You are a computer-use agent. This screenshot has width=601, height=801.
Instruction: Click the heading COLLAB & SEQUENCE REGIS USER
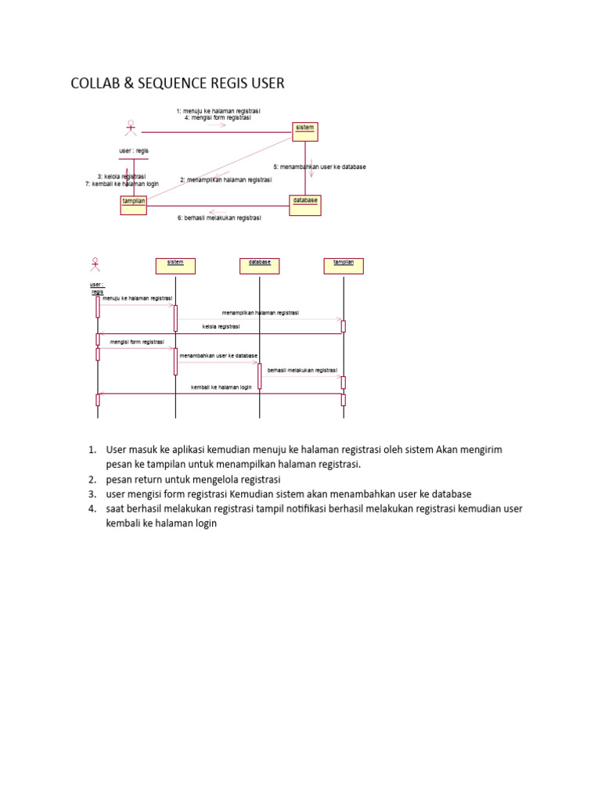click(178, 84)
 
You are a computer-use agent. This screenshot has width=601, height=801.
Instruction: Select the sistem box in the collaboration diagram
click(304, 131)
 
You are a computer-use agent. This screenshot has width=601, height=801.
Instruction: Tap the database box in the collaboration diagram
click(305, 204)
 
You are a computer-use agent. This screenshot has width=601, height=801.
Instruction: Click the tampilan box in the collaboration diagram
click(133, 204)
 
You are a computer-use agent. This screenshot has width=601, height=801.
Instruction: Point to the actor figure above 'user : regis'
click(131, 131)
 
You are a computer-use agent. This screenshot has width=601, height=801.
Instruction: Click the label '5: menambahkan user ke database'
click(319, 167)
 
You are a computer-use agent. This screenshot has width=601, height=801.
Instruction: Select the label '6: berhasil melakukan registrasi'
click(219, 218)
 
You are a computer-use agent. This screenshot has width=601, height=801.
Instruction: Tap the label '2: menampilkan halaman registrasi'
click(225, 180)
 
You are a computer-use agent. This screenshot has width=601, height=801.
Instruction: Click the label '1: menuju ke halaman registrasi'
click(218, 111)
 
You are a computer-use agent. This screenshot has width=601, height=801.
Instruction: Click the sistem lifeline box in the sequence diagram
click(175, 266)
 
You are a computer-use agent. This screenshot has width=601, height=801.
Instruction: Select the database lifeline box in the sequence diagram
click(260, 266)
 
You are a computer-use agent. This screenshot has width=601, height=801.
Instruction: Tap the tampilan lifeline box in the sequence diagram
click(344, 266)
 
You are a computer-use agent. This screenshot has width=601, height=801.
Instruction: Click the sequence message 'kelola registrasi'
click(221, 326)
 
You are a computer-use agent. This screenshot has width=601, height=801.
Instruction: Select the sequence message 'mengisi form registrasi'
click(137, 342)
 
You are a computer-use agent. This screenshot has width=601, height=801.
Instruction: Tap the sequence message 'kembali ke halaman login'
click(221, 387)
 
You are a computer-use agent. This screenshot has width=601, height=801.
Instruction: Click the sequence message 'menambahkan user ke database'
click(218, 356)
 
